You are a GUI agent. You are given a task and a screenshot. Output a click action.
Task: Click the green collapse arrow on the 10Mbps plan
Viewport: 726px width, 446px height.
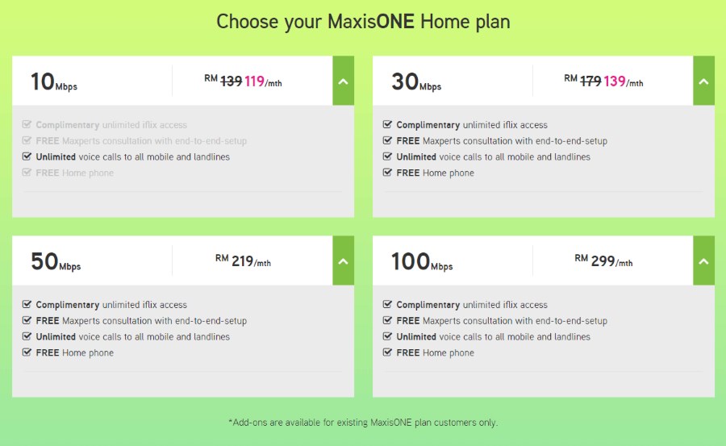coord(343,81)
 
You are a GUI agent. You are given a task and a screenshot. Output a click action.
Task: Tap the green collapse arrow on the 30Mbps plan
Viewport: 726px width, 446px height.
coord(703,81)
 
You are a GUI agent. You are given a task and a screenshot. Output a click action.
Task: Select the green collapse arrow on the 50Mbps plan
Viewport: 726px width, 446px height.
coord(343,261)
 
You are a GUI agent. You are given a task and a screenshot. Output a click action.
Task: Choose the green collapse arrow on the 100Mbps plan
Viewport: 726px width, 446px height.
coord(703,261)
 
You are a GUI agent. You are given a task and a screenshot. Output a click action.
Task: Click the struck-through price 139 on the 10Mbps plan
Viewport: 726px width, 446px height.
coord(231,81)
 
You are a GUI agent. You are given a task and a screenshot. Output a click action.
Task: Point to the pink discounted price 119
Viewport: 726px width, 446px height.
coord(254,81)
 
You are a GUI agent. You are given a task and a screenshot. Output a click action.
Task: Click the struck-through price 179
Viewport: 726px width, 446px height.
coord(590,81)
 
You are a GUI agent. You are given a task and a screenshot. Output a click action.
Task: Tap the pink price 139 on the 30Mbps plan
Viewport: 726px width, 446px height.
coord(615,81)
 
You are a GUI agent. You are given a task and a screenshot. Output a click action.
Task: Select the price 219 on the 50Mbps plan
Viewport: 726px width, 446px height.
coord(242,261)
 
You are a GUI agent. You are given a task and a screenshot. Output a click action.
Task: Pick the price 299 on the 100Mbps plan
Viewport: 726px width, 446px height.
coord(603,261)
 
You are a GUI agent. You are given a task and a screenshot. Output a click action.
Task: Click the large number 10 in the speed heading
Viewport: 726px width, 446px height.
coord(43,81)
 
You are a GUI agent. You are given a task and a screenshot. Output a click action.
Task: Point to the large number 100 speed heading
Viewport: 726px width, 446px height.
coord(411,261)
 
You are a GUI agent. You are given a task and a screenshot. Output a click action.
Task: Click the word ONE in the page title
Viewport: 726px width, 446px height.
coord(395,22)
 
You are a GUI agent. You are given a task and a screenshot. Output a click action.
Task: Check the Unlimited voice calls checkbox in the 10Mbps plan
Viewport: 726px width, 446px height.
coord(27,156)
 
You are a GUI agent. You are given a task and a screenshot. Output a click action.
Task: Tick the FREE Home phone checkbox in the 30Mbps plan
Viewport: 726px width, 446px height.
coord(387,173)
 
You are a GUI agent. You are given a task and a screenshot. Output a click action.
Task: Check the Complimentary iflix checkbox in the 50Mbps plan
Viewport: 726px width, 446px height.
coord(27,304)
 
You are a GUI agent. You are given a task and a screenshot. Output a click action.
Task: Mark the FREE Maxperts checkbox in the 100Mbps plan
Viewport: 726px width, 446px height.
coord(387,320)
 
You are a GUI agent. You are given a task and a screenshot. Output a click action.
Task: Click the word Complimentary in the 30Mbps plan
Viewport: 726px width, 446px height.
coord(428,125)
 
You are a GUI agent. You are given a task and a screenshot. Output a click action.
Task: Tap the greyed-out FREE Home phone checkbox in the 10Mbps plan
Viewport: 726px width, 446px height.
coord(27,173)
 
